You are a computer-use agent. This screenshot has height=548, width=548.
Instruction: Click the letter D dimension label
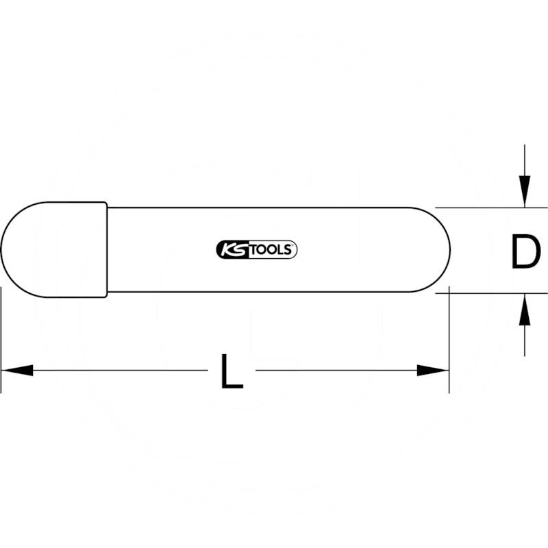(x=525, y=251)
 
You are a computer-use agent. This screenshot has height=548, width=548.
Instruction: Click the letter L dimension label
(x=232, y=371)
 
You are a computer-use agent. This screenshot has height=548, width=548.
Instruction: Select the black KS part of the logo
(x=232, y=249)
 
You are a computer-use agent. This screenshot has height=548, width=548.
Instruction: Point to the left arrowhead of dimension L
(x=18, y=371)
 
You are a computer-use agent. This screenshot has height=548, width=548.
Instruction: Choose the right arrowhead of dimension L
(x=433, y=371)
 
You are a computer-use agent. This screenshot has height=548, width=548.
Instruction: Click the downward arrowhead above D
(x=525, y=191)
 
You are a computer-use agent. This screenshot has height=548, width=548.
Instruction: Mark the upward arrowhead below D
(x=525, y=310)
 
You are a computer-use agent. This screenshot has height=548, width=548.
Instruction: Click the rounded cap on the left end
(x=53, y=250)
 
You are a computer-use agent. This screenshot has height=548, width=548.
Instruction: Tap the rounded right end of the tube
(x=451, y=250)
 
